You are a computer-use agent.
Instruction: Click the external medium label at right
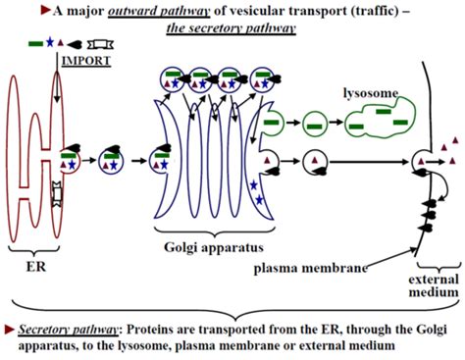[435, 283]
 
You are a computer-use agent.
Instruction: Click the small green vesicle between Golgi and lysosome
[315, 125]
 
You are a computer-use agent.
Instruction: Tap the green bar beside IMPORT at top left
[35, 44]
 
